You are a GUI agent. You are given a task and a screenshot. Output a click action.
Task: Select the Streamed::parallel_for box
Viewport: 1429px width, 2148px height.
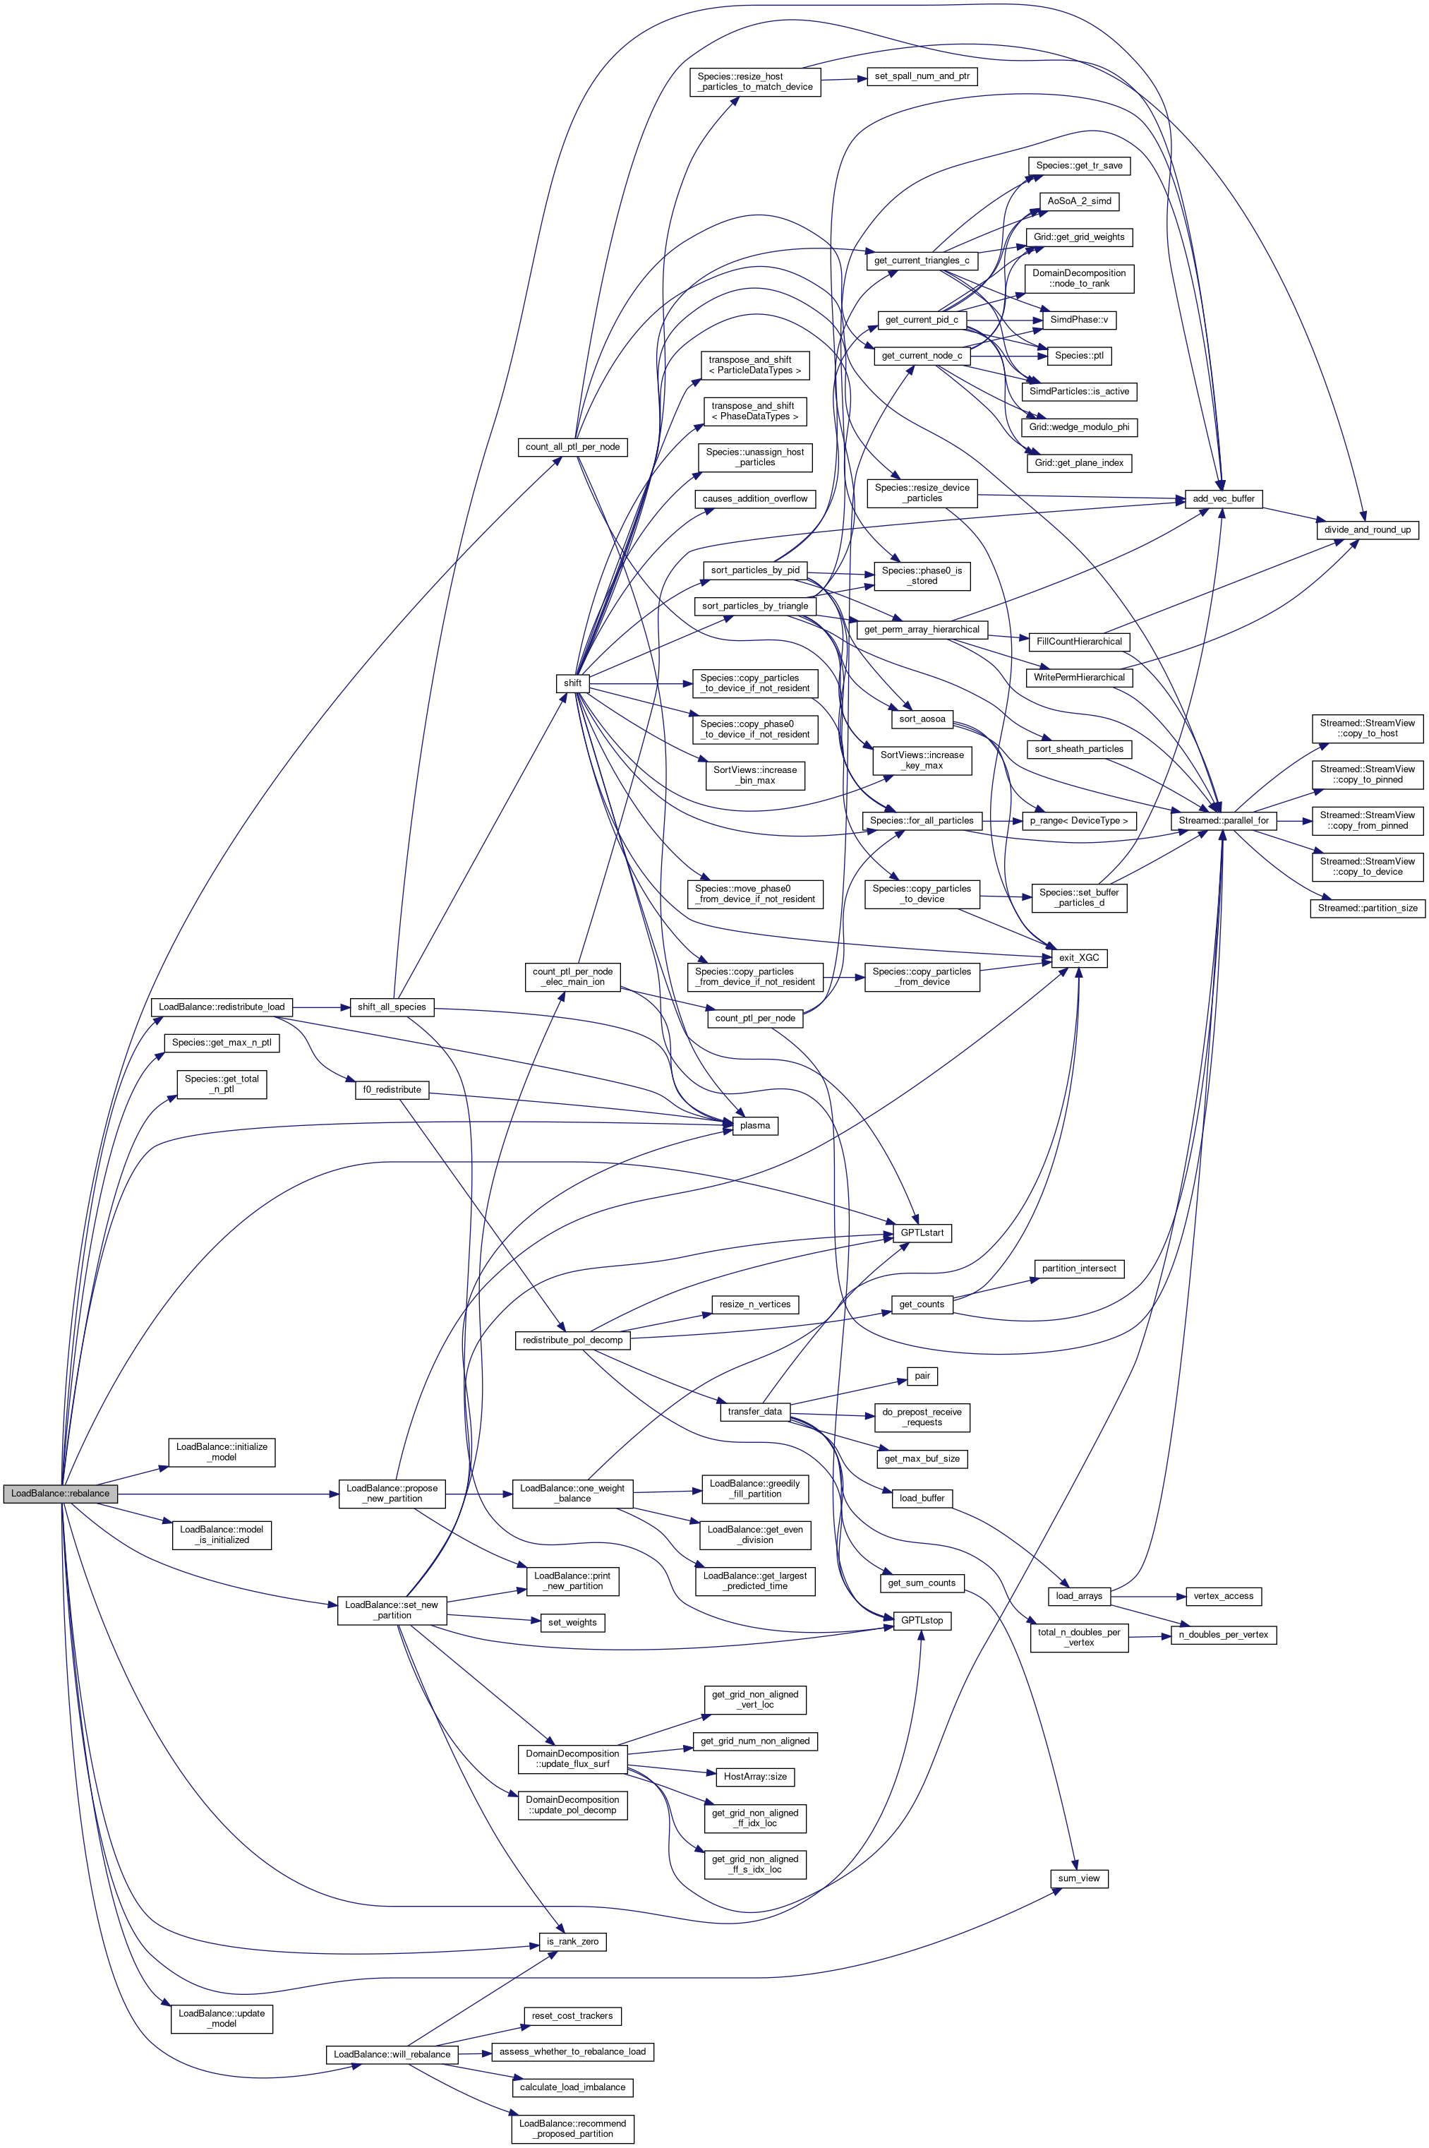[x=1223, y=820]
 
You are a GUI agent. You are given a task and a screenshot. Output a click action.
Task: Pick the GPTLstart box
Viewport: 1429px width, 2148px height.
[x=922, y=1233]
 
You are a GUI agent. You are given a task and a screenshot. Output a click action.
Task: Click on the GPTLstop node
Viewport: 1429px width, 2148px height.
[x=922, y=1620]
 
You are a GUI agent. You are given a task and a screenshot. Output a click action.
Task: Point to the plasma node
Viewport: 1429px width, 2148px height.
[x=754, y=1125]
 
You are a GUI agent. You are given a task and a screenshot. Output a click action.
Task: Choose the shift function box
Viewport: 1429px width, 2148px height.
[x=572, y=683]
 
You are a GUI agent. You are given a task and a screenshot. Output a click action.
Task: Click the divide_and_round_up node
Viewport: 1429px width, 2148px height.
[x=1367, y=529]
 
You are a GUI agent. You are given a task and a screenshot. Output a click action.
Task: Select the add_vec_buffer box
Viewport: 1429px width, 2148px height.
[x=1223, y=498]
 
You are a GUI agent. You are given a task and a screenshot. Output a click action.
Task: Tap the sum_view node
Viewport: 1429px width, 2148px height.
[x=1079, y=1878]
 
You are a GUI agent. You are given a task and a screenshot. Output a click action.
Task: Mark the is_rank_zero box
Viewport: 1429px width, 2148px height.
[x=572, y=1941]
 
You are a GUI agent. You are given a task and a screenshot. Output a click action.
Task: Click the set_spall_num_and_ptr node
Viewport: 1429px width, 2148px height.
[x=922, y=76]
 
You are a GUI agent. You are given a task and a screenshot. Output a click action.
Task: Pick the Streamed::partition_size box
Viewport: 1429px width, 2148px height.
[x=1367, y=908]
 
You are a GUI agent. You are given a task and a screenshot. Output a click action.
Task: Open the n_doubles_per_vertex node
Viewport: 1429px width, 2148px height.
[x=1223, y=1634]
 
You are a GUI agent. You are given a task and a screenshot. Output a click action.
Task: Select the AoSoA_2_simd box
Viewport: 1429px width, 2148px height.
[x=1079, y=200]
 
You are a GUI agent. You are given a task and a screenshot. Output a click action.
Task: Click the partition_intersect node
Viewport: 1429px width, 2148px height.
[x=1079, y=1268]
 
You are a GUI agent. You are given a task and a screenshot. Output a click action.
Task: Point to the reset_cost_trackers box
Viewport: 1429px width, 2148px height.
[x=572, y=2015]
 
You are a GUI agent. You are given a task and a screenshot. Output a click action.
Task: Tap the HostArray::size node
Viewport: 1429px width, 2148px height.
[x=754, y=1776]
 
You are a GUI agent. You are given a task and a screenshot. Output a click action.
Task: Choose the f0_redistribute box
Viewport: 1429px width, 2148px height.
[x=392, y=1089]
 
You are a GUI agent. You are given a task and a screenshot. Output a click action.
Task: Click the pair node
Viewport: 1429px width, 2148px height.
[x=922, y=1376]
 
